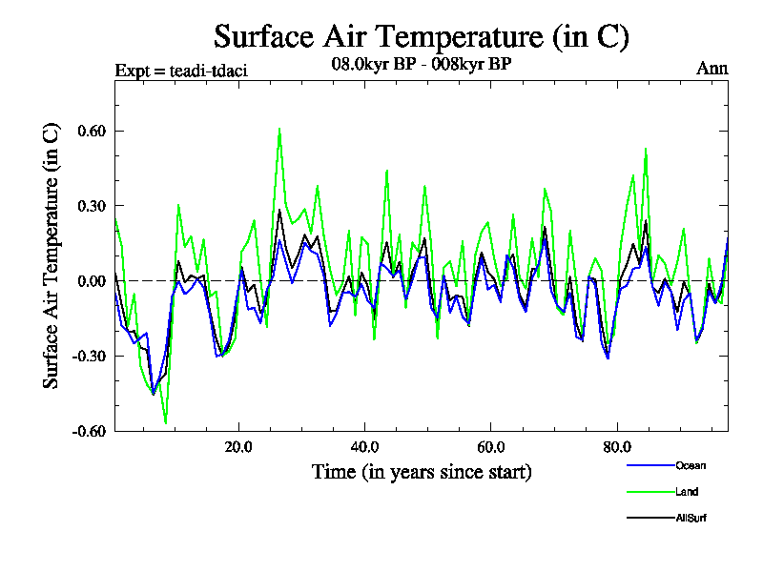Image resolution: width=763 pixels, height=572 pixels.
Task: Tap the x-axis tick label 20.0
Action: [x=238, y=446]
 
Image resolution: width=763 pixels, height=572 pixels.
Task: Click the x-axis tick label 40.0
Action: [x=364, y=446]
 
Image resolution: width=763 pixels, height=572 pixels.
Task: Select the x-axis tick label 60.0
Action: [x=490, y=446]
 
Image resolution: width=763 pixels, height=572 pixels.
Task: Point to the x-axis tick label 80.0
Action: [x=616, y=446]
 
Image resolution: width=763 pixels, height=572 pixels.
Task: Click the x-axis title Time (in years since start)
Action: [x=422, y=472]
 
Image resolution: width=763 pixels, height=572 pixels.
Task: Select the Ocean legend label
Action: [x=691, y=465]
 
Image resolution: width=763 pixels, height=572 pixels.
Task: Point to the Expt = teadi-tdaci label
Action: [x=181, y=71]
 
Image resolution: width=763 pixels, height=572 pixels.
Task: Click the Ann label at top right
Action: [x=712, y=69]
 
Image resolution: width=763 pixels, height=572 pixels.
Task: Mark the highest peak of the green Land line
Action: [x=279, y=129]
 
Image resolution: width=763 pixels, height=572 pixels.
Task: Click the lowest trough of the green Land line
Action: [x=166, y=422]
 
